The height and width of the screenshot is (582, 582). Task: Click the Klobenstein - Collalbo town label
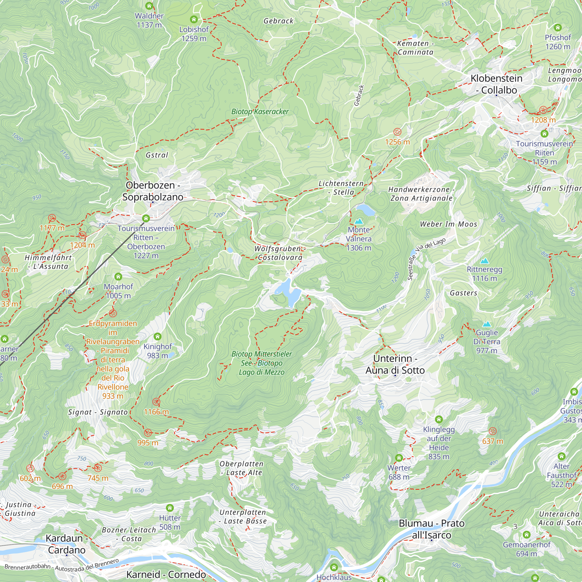tap(496, 84)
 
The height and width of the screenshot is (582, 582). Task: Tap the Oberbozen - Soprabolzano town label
tap(153, 191)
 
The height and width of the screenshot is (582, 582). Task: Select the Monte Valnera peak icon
tap(359, 222)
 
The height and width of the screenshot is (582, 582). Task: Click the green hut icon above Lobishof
tap(194, 19)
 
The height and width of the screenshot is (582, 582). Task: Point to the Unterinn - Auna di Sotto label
tap(395, 364)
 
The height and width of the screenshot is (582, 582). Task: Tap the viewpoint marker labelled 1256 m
tap(397, 132)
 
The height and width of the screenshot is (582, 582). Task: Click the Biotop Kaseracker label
tap(260, 112)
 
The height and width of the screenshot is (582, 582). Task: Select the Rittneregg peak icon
tap(485, 261)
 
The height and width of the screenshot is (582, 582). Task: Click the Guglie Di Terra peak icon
tap(487, 324)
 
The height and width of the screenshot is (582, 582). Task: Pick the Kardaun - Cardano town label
tap(67, 544)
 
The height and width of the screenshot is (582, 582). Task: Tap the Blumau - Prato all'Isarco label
tap(431, 529)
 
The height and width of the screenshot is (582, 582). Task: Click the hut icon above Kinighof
tap(157, 336)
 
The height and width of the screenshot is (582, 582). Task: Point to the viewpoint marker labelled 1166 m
tap(156, 402)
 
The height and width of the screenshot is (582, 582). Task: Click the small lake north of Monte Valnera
tap(365, 209)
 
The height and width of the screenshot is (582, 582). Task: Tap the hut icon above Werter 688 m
tap(399, 458)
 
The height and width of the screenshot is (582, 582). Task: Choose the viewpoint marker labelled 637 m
tap(493, 431)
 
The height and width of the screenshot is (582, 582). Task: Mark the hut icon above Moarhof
tap(118, 276)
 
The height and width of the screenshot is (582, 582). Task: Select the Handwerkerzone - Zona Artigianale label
tap(421, 194)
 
